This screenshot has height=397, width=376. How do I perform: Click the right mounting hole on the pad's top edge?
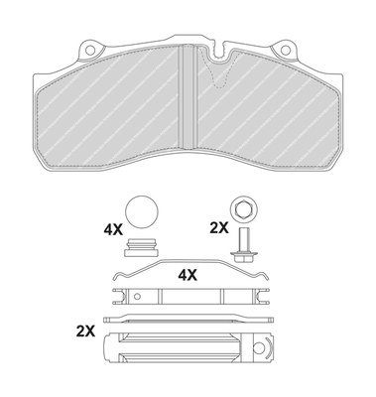(286, 48)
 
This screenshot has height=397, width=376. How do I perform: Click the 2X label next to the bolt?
(218, 227)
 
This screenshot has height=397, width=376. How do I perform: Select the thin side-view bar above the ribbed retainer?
(188, 320)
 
